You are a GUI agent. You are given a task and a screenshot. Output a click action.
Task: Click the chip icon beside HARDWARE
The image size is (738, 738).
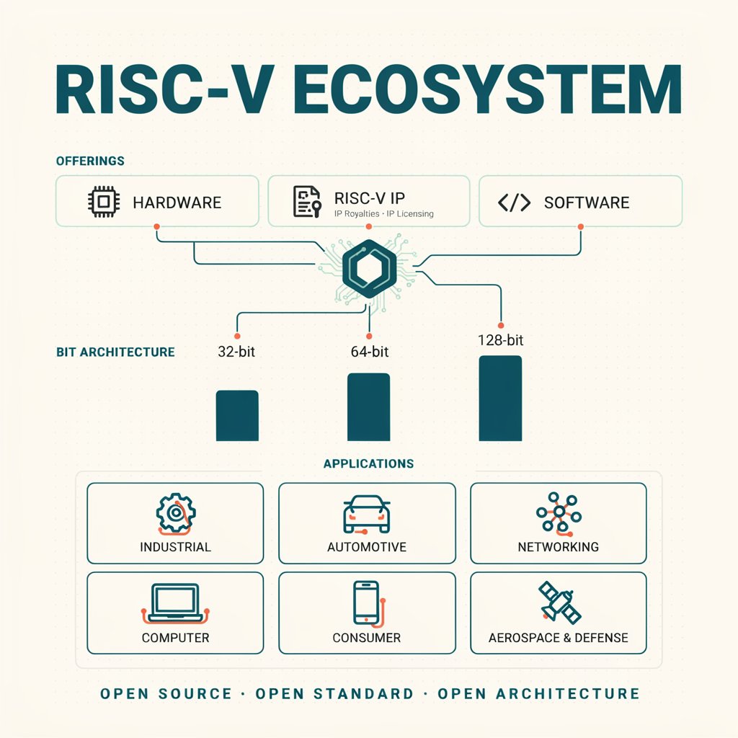click(x=104, y=202)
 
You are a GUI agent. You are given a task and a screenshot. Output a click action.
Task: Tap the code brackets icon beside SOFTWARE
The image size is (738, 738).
click(x=514, y=203)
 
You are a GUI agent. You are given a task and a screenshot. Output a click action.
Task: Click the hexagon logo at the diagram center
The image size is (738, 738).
click(x=369, y=268)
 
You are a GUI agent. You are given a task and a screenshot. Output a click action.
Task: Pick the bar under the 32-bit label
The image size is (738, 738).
click(x=237, y=416)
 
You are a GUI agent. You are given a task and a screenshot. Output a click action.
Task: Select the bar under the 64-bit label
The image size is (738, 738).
click(x=368, y=407)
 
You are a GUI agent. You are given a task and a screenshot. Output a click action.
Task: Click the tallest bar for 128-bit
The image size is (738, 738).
click(x=500, y=398)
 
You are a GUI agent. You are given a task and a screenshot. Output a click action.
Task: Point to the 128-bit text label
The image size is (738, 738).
click(x=500, y=340)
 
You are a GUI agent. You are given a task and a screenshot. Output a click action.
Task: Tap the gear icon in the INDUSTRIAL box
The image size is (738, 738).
click(x=176, y=513)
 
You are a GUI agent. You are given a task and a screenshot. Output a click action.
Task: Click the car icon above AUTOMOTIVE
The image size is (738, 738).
click(x=367, y=514)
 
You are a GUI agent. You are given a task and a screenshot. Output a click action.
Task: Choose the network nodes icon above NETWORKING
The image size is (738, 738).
click(x=559, y=513)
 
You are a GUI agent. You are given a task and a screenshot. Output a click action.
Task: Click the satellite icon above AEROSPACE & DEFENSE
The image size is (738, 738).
click(x=559, y=602)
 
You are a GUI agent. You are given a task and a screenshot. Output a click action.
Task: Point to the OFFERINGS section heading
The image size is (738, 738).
click(x=90, y=161)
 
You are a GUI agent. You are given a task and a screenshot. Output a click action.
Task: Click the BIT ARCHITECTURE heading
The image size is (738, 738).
click(x=115, y=352)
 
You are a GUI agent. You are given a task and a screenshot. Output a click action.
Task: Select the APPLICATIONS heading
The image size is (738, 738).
click(x=368, y=463)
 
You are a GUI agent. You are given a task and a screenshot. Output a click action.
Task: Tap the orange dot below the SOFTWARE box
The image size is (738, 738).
click(x=581, y=227)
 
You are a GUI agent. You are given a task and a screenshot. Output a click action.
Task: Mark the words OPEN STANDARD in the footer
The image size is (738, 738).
click(x=334, y=694)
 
